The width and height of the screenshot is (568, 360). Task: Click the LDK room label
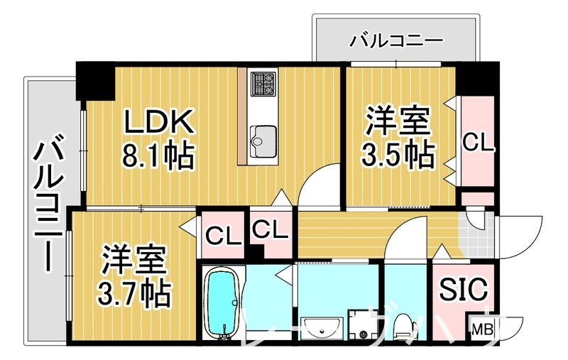click(x=159, y=121)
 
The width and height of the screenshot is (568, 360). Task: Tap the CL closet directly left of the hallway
click(x=271, y=230)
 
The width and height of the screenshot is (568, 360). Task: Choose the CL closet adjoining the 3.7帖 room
click(x=221, y=232)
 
